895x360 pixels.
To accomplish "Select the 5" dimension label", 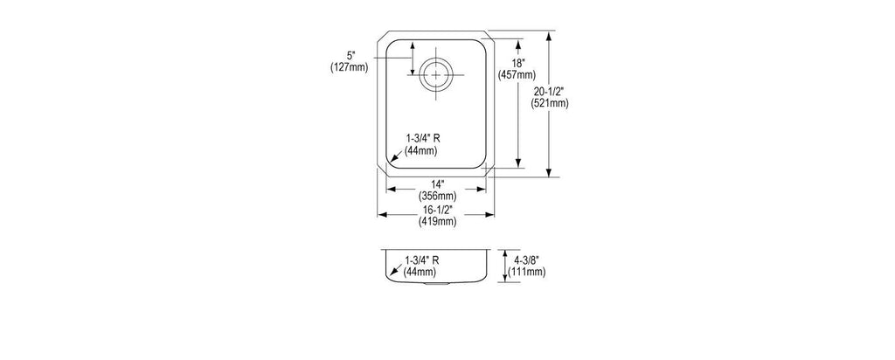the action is coord(350,56).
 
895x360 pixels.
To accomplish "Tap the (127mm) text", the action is coord(350,67).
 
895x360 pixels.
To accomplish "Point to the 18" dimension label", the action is coord(517,63).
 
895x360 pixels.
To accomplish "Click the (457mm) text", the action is coord(517,74).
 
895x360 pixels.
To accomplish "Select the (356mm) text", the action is coord(438,197).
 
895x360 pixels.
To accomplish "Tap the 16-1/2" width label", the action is coord(438,211).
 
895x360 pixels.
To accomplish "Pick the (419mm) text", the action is coord(438,222).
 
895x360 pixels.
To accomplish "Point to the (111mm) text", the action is coord(527,272).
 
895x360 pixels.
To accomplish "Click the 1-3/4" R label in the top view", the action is coord(423,139).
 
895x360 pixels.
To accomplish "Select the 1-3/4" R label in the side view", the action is coord(422,260).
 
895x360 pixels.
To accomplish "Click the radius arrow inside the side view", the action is coord(396,271).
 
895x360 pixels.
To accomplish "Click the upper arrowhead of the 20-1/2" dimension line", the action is coord(549,36).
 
